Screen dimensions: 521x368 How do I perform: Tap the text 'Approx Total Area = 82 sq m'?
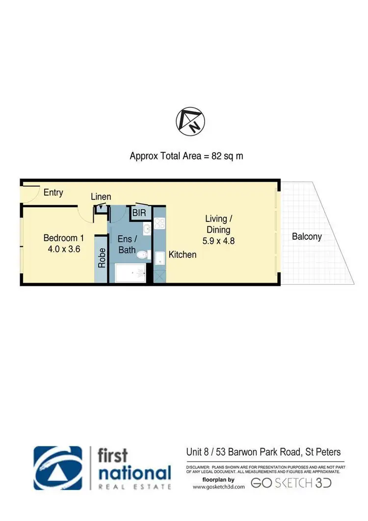point(186,156)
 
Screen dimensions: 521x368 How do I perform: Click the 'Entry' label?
point(53,192)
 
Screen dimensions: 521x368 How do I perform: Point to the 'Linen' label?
point(101,197)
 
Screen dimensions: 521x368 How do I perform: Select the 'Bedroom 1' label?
point(64,238)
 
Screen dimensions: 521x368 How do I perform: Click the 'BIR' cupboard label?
point(138,213)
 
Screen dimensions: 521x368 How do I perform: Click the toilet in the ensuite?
point(143,255)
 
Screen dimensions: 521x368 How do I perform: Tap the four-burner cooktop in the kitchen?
point(159,224)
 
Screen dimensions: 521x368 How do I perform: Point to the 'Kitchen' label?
point(183,254)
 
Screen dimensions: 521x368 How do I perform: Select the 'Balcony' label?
point(307,236)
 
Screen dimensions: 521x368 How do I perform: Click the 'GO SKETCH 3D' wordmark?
point(291,483)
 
